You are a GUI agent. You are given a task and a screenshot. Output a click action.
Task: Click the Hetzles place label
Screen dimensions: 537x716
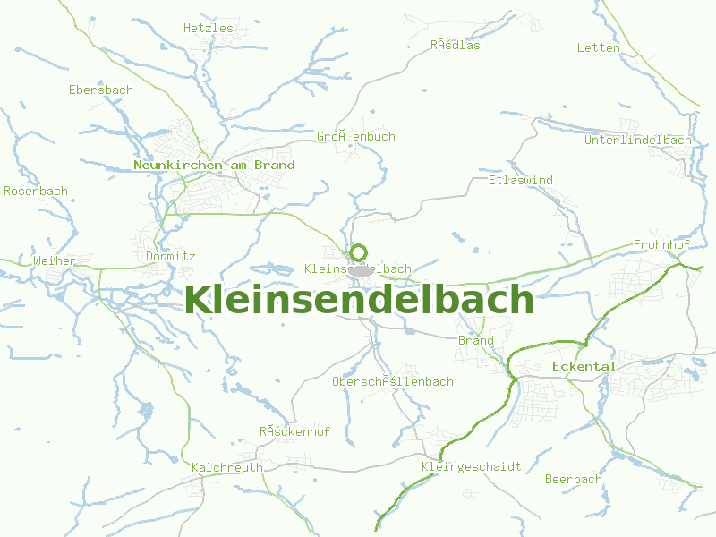[208, 28]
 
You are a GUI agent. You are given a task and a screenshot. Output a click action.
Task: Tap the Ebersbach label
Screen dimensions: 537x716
[101, 89]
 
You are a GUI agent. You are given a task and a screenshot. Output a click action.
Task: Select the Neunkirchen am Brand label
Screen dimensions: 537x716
[214, 165]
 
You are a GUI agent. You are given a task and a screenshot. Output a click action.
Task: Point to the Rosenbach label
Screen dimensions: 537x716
[36, 191]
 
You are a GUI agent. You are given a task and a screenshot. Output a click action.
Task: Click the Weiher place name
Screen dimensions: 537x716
[55, 260]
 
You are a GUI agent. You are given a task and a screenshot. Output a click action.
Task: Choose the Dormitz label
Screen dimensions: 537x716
[170, 256]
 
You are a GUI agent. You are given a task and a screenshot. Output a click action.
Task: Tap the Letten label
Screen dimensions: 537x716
[599, 47]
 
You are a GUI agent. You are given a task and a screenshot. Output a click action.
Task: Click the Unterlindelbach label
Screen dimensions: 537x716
[638, 140]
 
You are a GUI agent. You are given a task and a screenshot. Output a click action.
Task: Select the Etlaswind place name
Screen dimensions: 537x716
[521, 180]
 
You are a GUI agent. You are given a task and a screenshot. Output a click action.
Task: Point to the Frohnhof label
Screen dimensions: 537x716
[661, 244]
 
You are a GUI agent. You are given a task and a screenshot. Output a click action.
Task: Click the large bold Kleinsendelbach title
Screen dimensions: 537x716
[358, 300]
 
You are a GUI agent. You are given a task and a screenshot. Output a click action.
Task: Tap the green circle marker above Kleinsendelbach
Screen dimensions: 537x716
[359, 252]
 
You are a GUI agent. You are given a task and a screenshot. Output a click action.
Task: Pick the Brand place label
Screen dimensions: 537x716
[475, 340]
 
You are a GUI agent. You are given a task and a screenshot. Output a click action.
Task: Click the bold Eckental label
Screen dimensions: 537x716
[584, 366]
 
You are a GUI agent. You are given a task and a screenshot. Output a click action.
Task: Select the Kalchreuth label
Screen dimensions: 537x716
[227, 467]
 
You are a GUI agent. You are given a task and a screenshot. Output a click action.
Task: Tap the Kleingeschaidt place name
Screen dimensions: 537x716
[471, 466]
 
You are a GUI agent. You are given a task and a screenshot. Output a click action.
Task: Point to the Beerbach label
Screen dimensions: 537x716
[574, 479]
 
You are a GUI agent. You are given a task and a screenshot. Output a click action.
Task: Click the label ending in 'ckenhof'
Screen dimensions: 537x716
[295, 431]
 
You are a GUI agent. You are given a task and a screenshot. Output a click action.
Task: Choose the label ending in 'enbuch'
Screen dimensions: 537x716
[356, 136]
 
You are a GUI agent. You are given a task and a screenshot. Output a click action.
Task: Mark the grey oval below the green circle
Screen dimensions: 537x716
[361, 270]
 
